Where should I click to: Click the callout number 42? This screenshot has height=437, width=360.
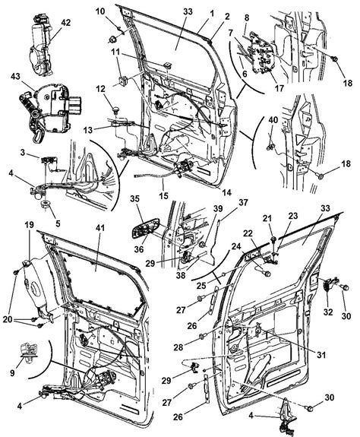tap(66, 22)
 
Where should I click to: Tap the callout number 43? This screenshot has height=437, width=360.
tap(16, 76)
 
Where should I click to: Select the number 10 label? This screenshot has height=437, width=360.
tap(101, 11)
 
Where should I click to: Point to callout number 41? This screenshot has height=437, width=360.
tap(100, 227)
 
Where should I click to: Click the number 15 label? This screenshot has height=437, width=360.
tap(163, 196)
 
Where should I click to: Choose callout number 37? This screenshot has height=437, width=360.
tap(243, 202)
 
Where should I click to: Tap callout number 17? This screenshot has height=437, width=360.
tap(279, 88)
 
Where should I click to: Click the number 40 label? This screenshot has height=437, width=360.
tap(273, 120)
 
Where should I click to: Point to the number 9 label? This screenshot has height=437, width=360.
tap(12, 372)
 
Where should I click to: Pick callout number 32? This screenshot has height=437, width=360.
tap(328, 312)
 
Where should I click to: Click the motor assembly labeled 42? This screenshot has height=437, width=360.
tap(41, 46)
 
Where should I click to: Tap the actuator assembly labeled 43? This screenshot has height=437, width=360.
tap(50, 109)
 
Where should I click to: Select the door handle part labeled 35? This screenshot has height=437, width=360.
tap(145, 228)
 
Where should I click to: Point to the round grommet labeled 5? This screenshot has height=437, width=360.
tap(46, 204)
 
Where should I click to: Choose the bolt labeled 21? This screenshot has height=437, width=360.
tap(274, 239)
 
